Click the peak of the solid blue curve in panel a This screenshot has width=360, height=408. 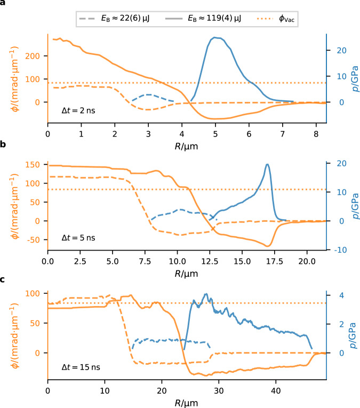point(215,38)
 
